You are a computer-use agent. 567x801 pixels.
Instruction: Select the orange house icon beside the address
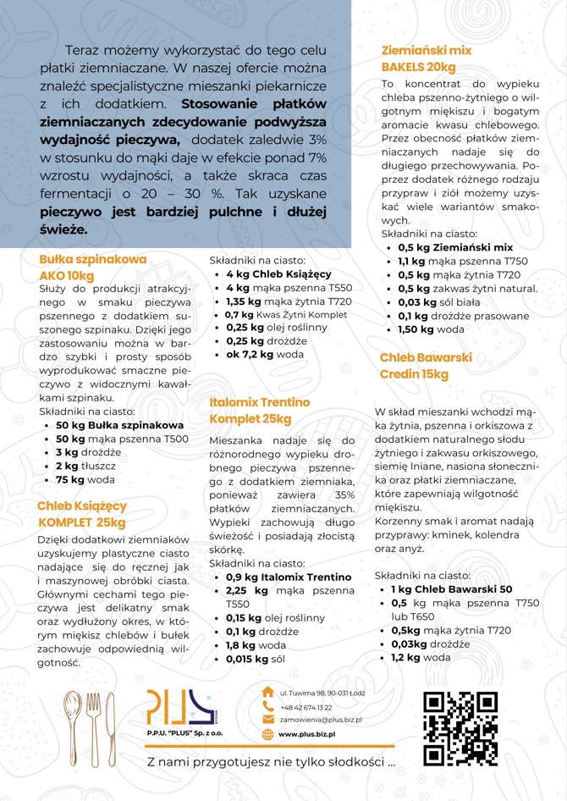tap(268, 692)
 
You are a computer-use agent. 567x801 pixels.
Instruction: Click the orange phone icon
tap(268, 706)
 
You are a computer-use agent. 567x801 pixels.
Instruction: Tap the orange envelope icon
tap(268, 720)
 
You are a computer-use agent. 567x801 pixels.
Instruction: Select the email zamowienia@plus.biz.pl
tap(321, 720)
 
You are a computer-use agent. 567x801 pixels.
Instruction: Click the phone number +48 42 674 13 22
tap(306, 706)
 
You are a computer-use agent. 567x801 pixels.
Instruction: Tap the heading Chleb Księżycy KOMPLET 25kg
tap(81, 513)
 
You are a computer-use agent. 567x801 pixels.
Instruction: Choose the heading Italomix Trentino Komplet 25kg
tap(259, 411)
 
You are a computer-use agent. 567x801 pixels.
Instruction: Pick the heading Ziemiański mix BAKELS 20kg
tap(426, 58)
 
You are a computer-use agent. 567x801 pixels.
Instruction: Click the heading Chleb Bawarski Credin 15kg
tap(425, 366)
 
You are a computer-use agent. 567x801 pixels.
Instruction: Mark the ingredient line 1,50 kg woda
tap(431, 329)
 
